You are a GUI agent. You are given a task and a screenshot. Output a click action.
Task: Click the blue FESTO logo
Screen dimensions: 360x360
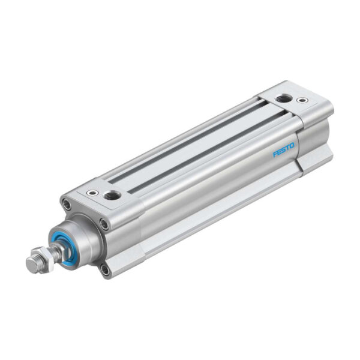[x=284, y=149]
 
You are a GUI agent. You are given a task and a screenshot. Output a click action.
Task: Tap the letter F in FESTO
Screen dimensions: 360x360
[x=275, y=154]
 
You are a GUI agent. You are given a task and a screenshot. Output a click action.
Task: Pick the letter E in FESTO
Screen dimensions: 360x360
[x=280, y=152]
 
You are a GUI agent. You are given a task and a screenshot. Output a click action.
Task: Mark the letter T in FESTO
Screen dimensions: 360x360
[x=288, y=148]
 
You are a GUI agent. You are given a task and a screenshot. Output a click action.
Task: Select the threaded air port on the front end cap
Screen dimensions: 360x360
[x=111, y=195]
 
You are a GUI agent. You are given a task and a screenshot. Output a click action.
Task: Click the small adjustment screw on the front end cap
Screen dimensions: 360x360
[x=92, y=193]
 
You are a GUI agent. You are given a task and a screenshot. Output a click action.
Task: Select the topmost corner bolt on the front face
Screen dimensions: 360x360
[x=67, y=205]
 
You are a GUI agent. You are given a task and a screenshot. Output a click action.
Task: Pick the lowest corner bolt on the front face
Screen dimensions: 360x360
[x=106, y=269]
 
